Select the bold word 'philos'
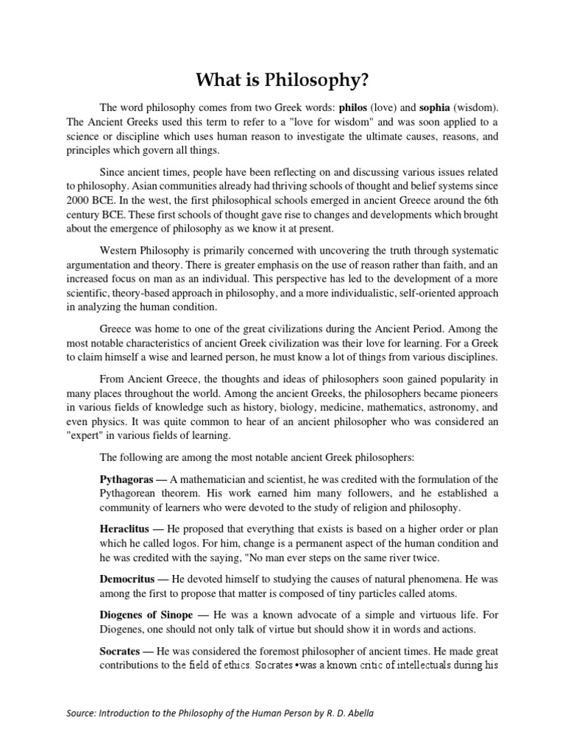352,107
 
